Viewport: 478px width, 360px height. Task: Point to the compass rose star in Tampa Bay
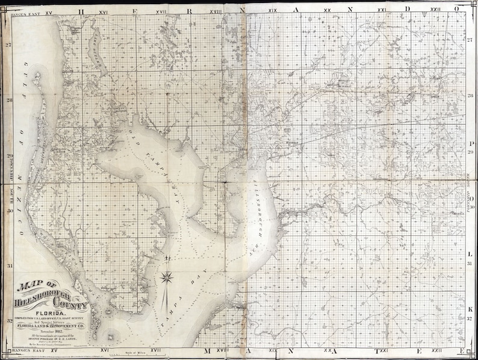click(168, 278)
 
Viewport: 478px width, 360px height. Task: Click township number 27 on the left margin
click(8, 45)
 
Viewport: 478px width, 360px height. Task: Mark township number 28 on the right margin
click(469, 96)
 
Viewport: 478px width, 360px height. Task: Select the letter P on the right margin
click(469, 144)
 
